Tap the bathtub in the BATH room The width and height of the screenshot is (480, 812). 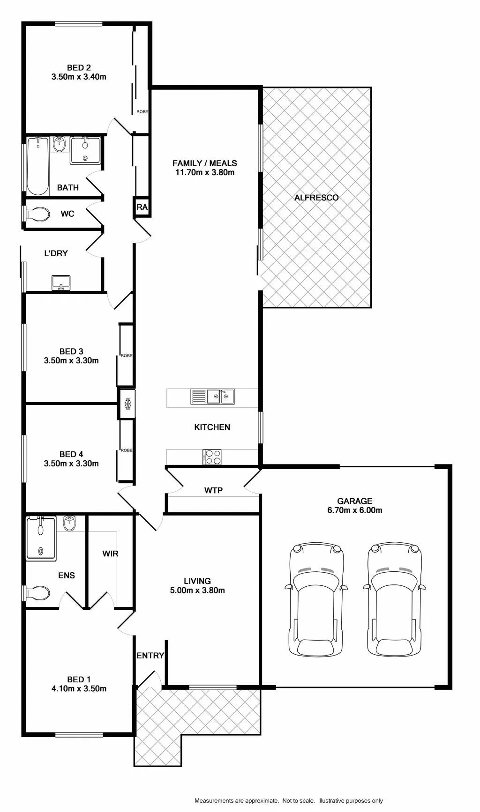pos(37,166)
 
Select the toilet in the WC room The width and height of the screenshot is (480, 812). pos(37,214)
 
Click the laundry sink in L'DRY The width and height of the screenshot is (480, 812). pos(61,283)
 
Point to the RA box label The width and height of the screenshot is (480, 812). pos(142,207)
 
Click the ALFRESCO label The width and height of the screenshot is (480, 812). pos(316,198)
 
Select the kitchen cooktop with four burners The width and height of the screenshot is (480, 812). pos(212,457)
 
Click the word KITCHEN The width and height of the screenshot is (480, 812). pos(212,427)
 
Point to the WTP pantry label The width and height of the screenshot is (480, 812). pos(213,490)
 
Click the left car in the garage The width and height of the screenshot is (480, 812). pos(316,599)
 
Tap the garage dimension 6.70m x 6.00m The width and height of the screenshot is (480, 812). pos(355,510)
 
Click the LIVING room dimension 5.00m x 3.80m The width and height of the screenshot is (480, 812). pos(197,591)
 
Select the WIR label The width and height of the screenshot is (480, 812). pos(110,554)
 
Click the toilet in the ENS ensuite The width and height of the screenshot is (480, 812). pos(37,593)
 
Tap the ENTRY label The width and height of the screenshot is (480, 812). pos(150,656)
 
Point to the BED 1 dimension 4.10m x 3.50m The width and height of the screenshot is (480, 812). pos(79,689)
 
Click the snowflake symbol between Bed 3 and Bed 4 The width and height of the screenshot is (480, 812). pos(127,404)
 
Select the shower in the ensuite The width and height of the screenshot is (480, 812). pos(41,538)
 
